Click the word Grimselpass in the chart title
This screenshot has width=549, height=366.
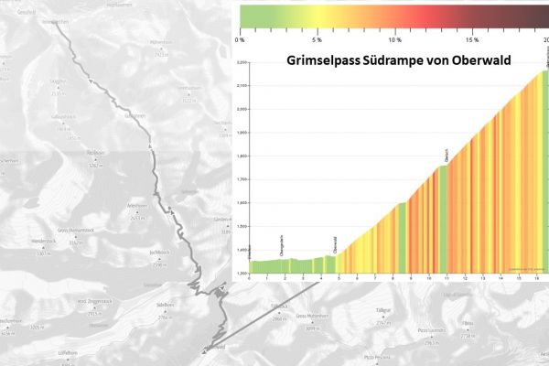318,61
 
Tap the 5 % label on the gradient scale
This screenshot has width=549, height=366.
317,40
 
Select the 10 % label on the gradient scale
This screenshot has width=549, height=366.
394,40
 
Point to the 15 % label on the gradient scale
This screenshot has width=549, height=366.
472,40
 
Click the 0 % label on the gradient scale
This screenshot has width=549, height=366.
240,40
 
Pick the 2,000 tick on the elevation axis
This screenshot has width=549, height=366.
242,108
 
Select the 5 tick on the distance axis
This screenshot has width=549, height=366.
339,276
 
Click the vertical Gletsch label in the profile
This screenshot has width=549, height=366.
446,155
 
